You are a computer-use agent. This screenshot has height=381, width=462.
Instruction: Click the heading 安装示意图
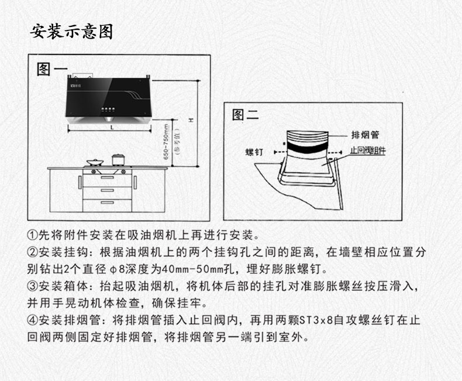coord(71,31)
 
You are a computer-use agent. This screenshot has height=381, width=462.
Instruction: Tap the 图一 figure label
coord(51,69)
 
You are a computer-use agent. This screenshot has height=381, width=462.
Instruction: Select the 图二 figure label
coord(245,114)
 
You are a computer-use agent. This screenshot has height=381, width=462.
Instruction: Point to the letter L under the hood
coord(111,127)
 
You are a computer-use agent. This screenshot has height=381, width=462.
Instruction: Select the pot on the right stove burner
coord(118,159)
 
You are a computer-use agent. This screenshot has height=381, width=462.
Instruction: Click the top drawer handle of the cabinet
coord(107,177)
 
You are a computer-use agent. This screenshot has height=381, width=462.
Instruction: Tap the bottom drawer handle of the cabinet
coord(107,202)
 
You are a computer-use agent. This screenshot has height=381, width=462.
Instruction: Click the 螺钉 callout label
coord(254,152)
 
